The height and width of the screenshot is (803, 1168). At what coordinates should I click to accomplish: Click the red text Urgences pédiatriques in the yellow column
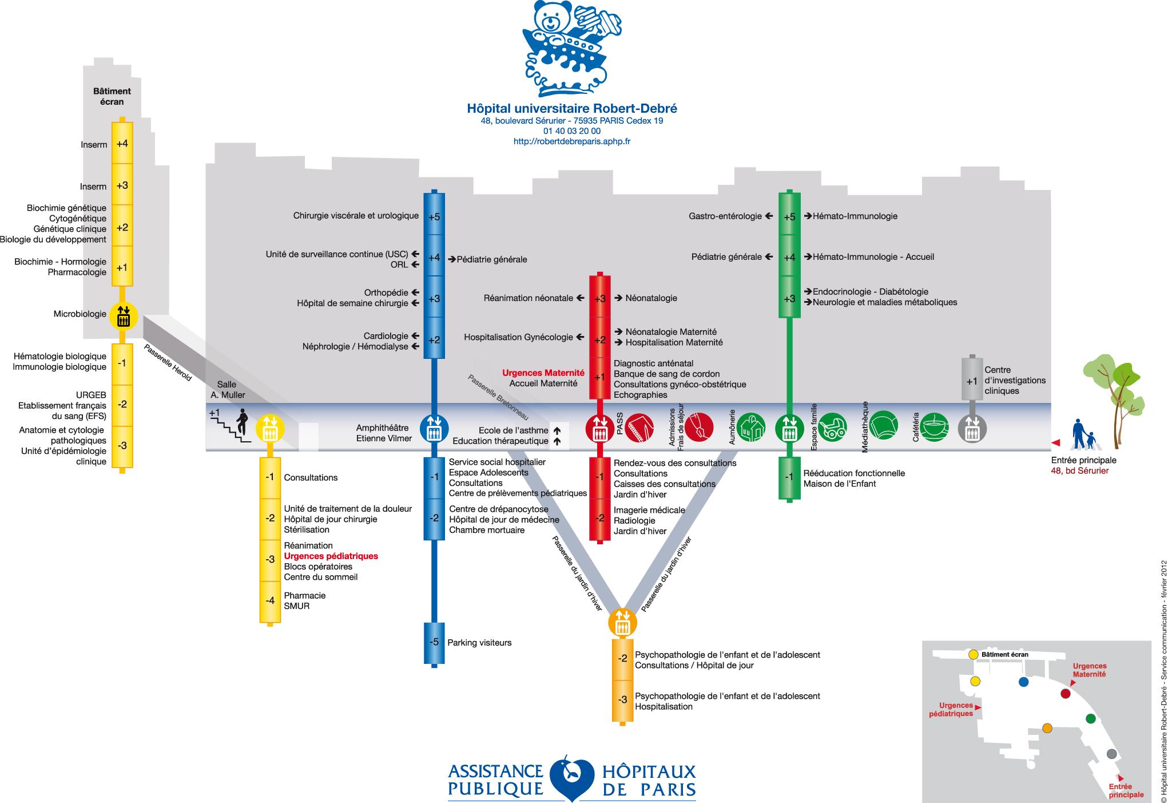[331, 556]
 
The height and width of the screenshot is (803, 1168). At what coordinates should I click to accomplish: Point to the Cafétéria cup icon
[936, 427]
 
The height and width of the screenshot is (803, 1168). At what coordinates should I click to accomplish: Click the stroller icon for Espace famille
[832, 428]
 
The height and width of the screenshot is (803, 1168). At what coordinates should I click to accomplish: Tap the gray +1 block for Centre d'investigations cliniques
[972, 379]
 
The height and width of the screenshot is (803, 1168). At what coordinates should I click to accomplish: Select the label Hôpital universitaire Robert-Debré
[572, 108]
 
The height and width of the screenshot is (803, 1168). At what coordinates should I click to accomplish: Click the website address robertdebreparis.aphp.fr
[572, 141]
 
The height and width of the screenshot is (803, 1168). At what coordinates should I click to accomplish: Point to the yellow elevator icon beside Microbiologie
[123, 315]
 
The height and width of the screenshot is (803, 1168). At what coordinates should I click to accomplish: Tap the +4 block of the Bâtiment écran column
[122, 144]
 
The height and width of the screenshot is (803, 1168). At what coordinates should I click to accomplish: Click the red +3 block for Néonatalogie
[600, 298]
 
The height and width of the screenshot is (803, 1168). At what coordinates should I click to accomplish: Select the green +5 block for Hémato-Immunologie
[789, 216]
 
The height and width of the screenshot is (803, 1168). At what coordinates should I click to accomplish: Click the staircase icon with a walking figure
[232, 426]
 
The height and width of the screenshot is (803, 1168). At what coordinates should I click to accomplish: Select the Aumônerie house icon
[750, 428]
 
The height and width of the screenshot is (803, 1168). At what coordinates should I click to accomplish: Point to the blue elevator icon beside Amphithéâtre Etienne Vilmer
[434, 428]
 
